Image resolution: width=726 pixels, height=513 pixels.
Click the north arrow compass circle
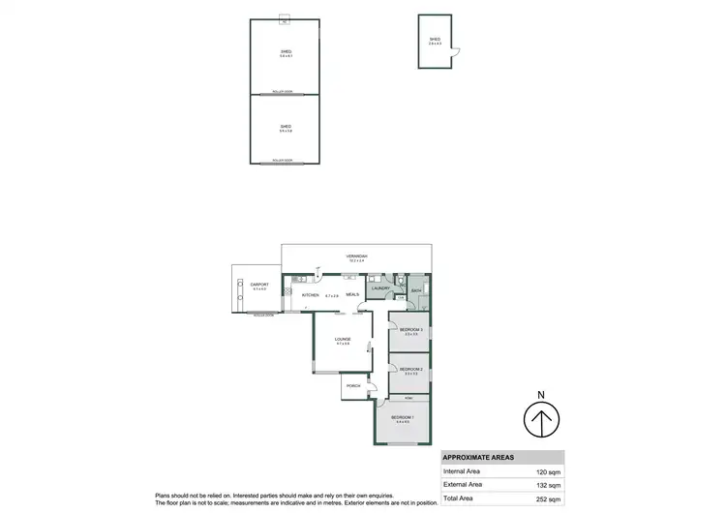[x=542, y=420]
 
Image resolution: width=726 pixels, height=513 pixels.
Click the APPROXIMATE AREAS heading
[x=479, y=457]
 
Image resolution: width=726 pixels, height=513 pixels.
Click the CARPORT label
[x=258, y=285]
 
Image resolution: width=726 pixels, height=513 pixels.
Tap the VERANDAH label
[x=357, y=256]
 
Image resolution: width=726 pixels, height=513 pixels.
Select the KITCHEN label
[x=310, y=295]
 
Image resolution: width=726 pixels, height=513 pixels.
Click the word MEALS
[x=352, y=295]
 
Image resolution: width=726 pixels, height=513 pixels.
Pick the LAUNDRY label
[x=379, y=287]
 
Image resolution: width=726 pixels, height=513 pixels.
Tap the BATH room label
[x=415, y=289]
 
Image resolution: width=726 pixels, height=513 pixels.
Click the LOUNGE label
[x=342, y=339]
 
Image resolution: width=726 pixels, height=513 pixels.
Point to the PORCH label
[x=352, y=387]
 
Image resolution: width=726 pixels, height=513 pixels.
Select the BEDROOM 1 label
[x=402, y=418]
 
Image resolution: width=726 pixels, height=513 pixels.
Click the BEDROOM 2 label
[x=410, y=369]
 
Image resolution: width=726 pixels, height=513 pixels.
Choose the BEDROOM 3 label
[x=410, y=330]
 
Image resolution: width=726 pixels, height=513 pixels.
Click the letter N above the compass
[x=542, y=394]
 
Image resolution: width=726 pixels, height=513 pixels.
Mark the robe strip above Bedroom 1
[x=409, y=398]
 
